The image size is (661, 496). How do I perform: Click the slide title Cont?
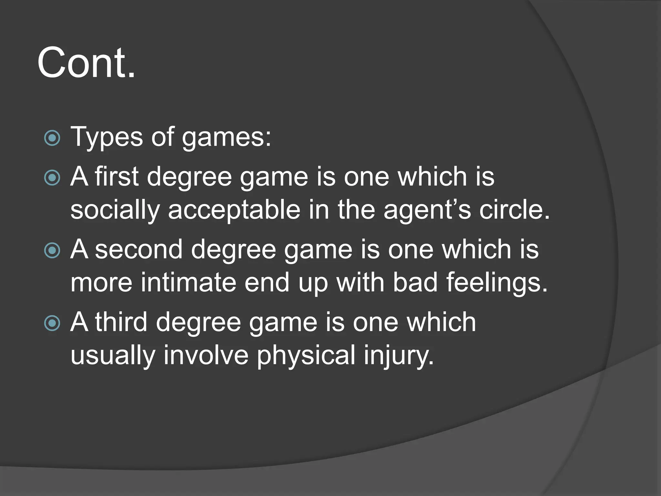pos(86,63)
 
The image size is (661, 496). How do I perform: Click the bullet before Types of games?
pos(52,138)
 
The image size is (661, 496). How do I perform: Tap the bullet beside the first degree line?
pos(52,178)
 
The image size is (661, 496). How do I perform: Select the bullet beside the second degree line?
pos(52,251)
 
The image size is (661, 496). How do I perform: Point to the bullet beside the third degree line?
pos(52,323)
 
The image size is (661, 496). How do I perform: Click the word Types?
pos(107,138)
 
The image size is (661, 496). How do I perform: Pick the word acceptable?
pos(234,211)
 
